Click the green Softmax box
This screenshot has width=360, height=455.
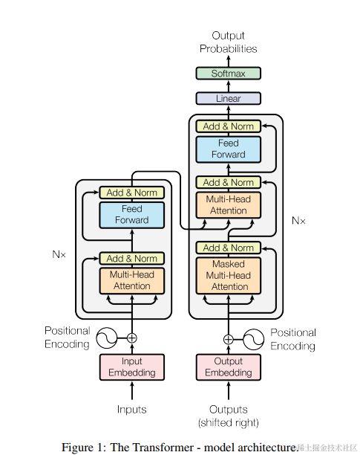[228, 74]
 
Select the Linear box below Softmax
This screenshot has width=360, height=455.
[228, 98]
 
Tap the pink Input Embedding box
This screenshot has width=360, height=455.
[132, 367]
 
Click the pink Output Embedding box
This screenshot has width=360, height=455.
[228, 367]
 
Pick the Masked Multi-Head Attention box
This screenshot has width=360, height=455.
[229, 275]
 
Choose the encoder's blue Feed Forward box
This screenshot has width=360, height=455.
[132, 215]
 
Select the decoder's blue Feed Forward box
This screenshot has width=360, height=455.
[229, 149]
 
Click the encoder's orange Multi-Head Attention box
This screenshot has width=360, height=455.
[132, 280]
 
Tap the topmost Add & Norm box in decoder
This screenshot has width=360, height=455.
[229, 126]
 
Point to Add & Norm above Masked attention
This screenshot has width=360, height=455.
[229, 248]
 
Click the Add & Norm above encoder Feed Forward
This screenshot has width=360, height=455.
[132, 193]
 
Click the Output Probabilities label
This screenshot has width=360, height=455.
[228, 42]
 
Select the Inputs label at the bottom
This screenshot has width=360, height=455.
[132, 410]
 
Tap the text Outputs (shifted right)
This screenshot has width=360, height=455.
[228, 416]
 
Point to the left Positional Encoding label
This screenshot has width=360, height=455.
[67, 337]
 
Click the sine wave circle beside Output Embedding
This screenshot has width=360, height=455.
[253, 338]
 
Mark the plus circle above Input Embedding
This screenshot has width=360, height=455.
[132, 338]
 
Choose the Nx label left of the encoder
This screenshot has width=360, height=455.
[59, 254]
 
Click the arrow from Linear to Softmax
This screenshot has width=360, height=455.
[228, 86]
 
